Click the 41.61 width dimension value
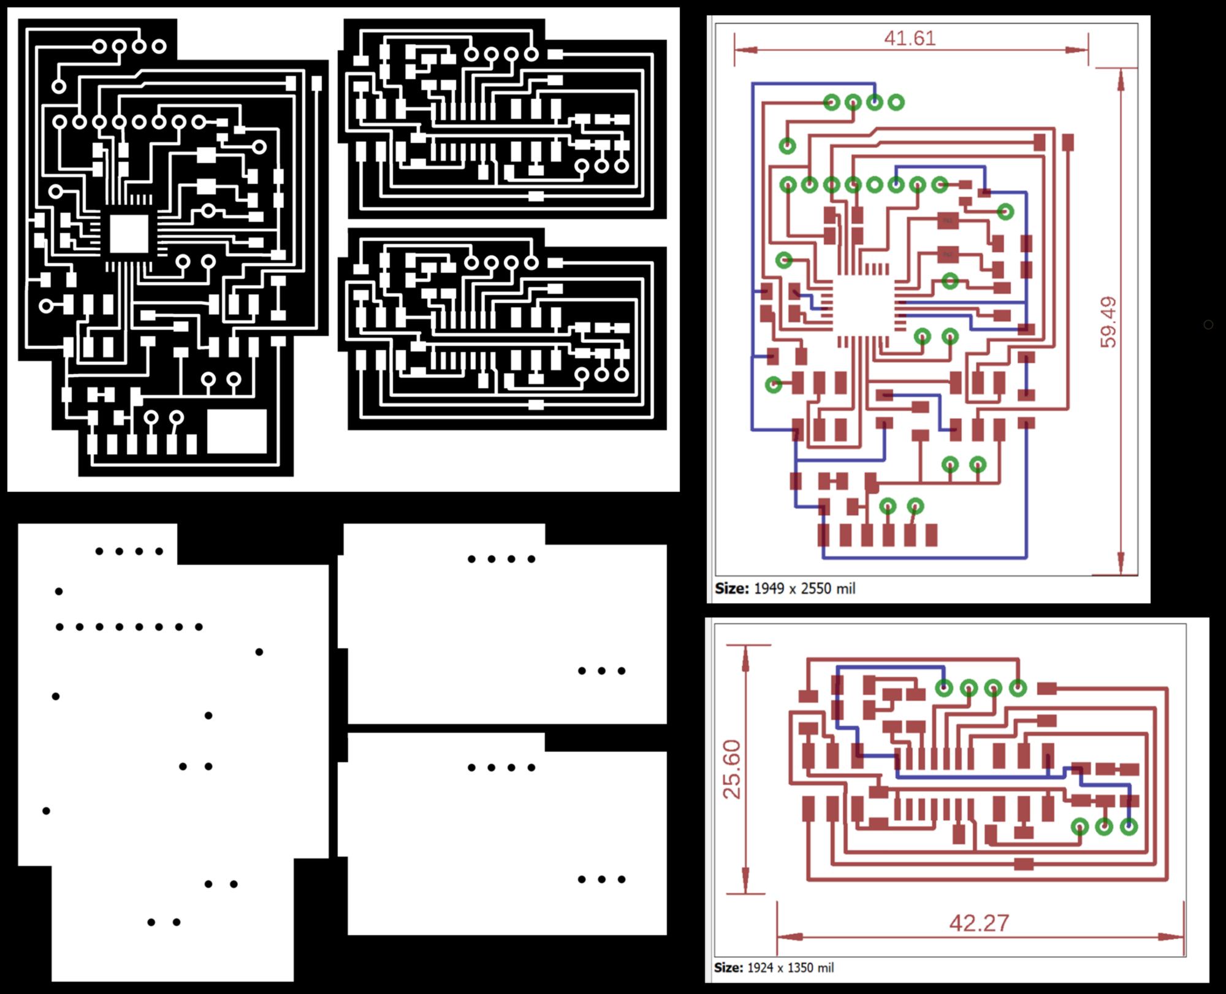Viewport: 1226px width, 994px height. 910,38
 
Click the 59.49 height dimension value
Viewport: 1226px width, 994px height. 1109,323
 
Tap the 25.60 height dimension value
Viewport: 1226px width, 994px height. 732,769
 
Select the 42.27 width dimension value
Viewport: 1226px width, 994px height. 979,922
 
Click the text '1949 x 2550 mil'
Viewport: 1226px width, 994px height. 804,589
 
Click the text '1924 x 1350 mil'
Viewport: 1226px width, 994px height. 790,968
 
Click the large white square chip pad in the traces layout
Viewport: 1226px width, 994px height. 129,234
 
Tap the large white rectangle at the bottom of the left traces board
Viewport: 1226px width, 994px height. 237,431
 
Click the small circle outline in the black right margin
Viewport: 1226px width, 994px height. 1208,324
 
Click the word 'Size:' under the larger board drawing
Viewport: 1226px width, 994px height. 731,589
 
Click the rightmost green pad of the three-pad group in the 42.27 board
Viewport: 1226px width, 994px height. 1129,827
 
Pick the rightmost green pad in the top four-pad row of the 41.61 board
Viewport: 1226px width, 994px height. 896,102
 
